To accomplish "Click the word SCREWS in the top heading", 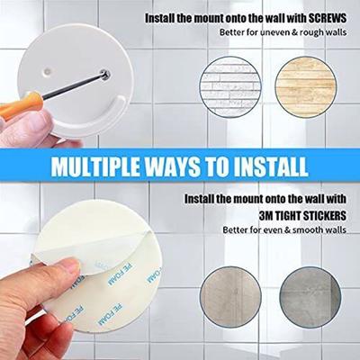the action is tap(328, 19).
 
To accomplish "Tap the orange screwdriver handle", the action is tap(19, 104).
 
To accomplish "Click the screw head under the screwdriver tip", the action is tap(105, 75).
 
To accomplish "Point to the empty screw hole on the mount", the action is tap(47, 71).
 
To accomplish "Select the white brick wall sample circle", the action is tap(230, 86).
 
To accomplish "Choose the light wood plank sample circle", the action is tap(306, 86).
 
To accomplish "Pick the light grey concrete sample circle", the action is tap(230, 297).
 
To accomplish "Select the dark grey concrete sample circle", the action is tap(310, 297).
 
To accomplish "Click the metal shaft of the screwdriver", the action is tap(74, 85).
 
